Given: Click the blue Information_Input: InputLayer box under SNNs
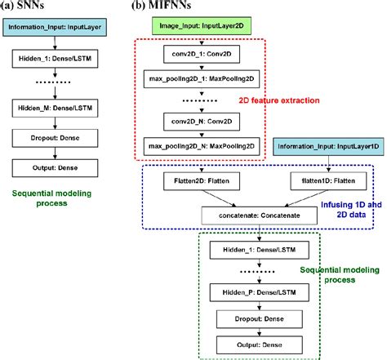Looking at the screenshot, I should (55, 27).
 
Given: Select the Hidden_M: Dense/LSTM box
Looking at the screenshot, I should (54, 107).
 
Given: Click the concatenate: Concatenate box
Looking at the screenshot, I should (259, 215).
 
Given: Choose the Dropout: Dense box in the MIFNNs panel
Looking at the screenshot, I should (260, 319).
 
